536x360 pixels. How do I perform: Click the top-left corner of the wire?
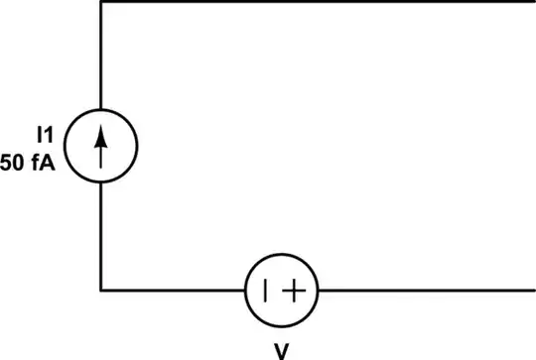101,3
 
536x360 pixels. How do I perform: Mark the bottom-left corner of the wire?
101,290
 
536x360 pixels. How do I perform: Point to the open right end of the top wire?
533,3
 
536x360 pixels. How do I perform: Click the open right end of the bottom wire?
533,290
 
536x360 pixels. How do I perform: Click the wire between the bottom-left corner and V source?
174,290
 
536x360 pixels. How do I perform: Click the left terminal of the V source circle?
246,290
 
